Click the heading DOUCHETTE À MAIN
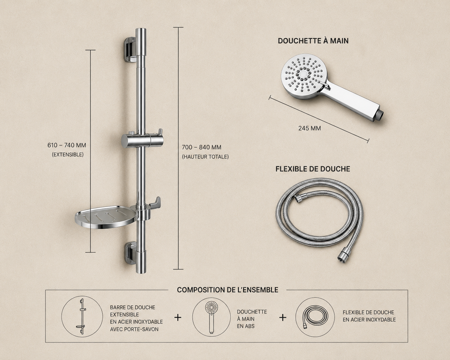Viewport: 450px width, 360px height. tap(313, 41)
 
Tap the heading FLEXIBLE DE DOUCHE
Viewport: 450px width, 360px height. tap(313, 169)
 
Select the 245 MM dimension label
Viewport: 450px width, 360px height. tap(309, 128)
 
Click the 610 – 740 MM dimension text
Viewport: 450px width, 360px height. tap(67, 145)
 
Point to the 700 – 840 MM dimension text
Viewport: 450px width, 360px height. tap(202, 147)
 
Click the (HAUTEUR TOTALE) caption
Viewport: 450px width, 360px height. tap(205, 157)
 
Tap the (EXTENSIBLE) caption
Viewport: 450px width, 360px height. tap(68, 154)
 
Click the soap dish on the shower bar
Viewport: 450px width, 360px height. tap(106, 217)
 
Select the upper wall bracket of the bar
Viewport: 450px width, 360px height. tap(130, 49)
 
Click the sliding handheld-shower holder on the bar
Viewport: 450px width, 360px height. tap(142, 139)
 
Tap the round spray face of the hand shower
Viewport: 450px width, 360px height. tap(304, 77)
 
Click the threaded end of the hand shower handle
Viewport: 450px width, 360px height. tap(381, 114)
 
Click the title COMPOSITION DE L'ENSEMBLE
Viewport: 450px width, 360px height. tap(228, 290)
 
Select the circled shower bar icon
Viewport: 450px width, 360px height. tap(82, 316)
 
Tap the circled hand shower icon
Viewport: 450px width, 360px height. tap(211, 317)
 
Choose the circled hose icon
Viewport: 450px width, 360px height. tap(315, 317)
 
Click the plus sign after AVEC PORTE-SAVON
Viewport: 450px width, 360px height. tap(178, 318)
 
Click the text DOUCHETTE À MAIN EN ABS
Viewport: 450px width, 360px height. tap(252, 319)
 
